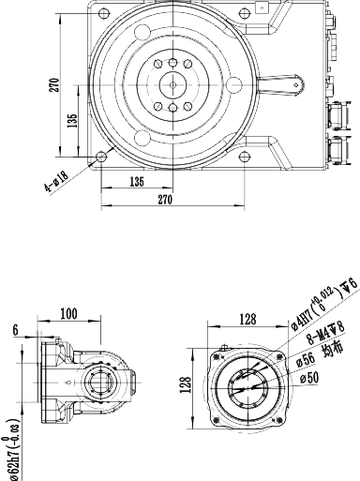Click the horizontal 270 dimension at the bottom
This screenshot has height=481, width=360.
point(166,200)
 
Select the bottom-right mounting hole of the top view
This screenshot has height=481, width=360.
point(244,156)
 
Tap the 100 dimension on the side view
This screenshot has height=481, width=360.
point(94,315)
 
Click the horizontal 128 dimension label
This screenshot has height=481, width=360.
point(248,319)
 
